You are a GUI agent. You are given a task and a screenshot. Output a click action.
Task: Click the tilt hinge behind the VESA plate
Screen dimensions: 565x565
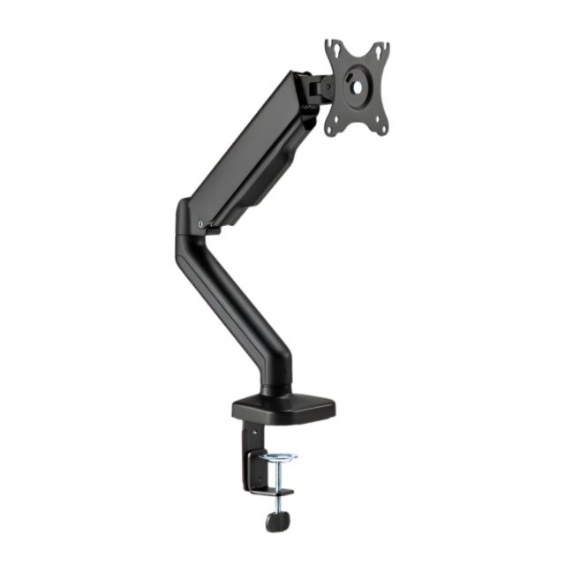315,87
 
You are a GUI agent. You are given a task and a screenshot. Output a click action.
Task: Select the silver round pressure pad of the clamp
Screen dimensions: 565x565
278,456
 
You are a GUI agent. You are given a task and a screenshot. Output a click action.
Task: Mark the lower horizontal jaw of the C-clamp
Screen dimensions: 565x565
274,492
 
